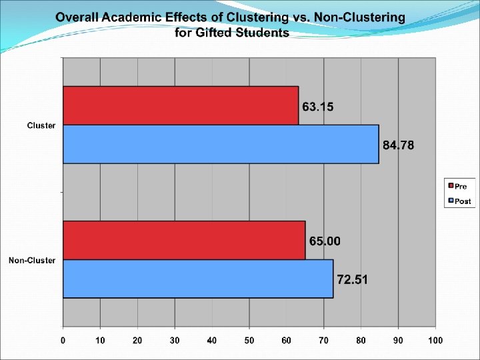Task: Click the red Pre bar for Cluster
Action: pos(180,105)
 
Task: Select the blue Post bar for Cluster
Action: pos(221,144)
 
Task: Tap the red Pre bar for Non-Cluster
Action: pos(184,240)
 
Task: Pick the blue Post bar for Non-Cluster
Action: pos(198,279)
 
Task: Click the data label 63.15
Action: pos(318,107)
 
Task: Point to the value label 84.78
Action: pos(398,145)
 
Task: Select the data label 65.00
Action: pos(325,241)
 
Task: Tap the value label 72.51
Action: pos(352,279)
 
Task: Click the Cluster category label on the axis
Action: pos(41,125)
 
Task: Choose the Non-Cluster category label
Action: pos(32,260)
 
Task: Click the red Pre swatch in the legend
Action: pos(451,186)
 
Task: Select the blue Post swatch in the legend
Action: pos(451,201)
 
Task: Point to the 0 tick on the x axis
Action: pos(63,341)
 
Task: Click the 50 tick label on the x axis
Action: pos(249,341)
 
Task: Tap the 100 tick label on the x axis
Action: pos(435,341)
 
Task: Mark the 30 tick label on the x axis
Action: pos(175,341)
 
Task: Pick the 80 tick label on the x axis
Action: pos(361,341)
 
